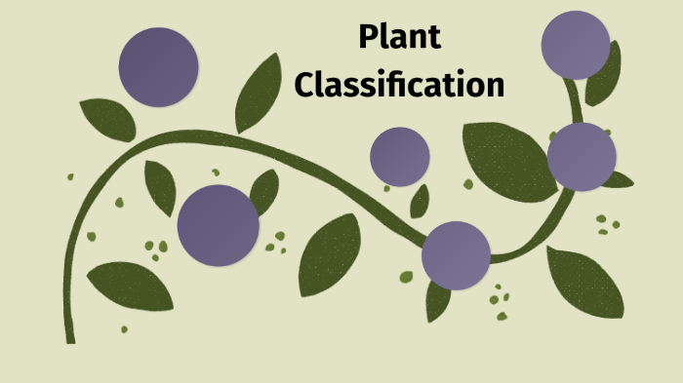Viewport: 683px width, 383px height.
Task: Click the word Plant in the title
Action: coord(399,38)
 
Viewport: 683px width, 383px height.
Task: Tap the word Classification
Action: coord(399,85)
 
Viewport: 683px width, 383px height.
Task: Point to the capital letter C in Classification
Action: coord(305,85)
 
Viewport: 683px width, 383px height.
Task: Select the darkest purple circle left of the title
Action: coord(158,67)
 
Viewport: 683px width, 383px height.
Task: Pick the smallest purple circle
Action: coord(400,156)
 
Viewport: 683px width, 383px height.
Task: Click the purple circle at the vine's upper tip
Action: coord(576,45)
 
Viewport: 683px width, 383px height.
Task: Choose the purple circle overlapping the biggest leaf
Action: coord(582,157)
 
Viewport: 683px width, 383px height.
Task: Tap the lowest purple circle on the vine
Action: coord(456,255)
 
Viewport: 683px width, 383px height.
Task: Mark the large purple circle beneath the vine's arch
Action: coord(219,225)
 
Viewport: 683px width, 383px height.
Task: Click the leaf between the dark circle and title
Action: coord(258,94)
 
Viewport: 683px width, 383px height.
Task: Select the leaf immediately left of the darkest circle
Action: coord(107,119)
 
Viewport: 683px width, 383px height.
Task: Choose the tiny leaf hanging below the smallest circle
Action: coord(420,202)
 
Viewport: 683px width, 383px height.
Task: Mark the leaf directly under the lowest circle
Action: coord(438,302)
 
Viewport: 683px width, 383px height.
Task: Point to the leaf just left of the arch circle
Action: coord(160,187)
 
